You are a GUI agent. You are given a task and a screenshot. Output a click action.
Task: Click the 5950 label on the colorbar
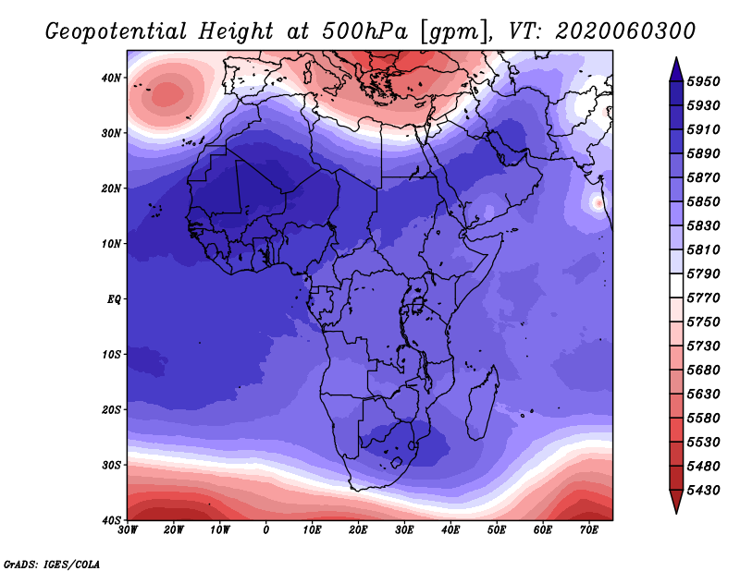coord(703,81)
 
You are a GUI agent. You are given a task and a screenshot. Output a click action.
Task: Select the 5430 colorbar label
coord(703,491)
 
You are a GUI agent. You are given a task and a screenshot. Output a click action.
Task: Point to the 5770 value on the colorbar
coord(703,298)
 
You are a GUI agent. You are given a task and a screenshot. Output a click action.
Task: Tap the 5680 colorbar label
coord(703,371)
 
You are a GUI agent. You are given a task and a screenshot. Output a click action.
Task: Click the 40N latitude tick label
coord(111,78)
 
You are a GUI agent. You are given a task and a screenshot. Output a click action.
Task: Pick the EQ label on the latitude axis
coord(114,299)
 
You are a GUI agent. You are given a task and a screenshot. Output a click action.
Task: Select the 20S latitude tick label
coord(111,409)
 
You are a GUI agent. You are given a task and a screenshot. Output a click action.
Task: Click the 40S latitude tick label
coord(111,520)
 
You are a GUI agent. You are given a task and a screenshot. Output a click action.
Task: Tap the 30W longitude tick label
coord(128,530)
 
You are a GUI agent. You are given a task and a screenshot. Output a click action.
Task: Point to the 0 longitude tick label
coord(266,530)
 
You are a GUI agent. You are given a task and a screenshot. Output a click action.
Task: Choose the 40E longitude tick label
coord(450,530)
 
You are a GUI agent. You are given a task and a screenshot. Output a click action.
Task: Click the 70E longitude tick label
coord(589,530)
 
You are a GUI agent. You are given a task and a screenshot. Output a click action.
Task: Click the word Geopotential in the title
coord(117,32)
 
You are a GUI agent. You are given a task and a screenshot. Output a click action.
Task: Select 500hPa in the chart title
coord(364,31)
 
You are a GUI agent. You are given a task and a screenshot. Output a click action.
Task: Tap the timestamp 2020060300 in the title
coord(625,31)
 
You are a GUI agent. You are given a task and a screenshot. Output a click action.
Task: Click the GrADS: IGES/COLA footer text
coord(52,565)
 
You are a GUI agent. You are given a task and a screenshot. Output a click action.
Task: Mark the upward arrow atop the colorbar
coord(676,69)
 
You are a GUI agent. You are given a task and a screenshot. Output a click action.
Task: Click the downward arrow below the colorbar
coord(676,502)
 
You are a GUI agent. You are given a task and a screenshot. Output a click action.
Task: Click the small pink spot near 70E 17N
coord(598,203)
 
